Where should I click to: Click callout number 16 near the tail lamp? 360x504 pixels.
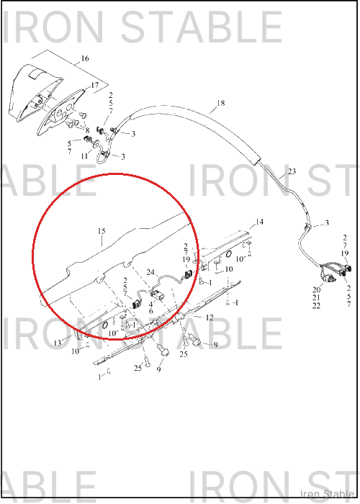[x=85, y=58]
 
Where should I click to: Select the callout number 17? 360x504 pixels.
[x=95, y=86]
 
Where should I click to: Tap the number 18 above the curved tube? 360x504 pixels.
[x=220, y=103]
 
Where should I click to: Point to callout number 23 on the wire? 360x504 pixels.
[x=292, y=171]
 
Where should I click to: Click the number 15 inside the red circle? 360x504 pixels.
[x=102, y=231]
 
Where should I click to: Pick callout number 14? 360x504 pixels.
[x=259, y=222]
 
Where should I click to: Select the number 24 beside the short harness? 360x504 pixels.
[x=150, y=273]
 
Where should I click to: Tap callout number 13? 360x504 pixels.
[x=57, y=343]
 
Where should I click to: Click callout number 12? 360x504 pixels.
[x=210, y=318]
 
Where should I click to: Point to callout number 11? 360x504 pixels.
[x=84, y=156]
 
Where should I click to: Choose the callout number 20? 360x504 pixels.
[x=316, y=290]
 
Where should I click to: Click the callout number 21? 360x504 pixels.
[x=316, y=298]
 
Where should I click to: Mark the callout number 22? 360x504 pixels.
[x=316, y=306]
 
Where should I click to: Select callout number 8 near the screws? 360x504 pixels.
[x=87, y=131]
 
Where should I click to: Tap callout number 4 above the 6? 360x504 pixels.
[x=150, y=304]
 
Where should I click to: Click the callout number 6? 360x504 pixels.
[x=150, y=311]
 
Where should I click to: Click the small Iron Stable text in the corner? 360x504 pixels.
[x=327, y=493]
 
